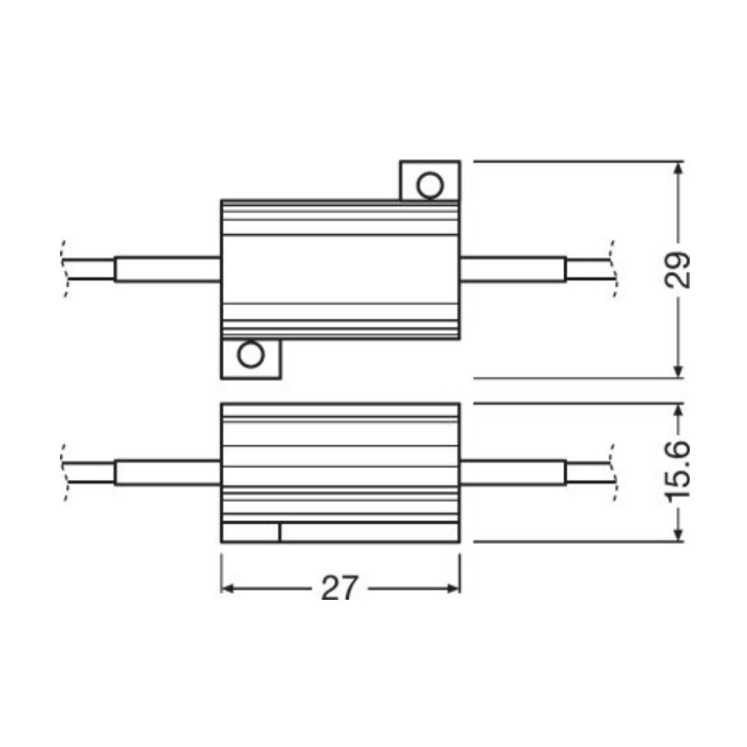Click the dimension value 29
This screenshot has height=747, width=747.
pyautogui.click(x=678, y=271)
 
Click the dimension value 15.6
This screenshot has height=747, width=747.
pyautogui.click(x=678, y=472)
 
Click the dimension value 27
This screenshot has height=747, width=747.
pyautogui.click(x=339, y=589)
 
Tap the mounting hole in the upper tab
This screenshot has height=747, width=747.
pyautogui.click(x=429, y=185)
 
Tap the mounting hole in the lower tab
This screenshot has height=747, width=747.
pyautogui.click(x=252, y=355)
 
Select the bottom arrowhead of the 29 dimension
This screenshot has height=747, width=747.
pyautogui.click(x=678, y=371)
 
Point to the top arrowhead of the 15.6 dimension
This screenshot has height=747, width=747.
pyautogui.click(x=678, y=410)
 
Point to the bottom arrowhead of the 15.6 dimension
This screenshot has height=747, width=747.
pyautogui.click(x=678, y=535)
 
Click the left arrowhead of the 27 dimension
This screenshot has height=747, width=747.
pyautogui.click(x=226, y=588)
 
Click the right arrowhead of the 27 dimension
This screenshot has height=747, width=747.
pyautogui.click(x=455, y=588)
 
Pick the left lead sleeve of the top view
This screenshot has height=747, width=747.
pyautogui.click(x=168, y=269)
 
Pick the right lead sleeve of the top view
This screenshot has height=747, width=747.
pyautogui.click(x=513, y=269)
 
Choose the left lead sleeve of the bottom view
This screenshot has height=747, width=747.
pyautogui.click(x=168, y=472)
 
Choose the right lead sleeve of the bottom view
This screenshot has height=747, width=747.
pyautogui.click(x=513, y=472)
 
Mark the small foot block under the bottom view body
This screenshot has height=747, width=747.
pyautogui.click(x=250, y=533)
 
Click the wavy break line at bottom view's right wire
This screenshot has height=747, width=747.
pyautogui.click(x=614, y=472)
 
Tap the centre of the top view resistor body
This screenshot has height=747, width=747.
pyautogui.click(x=340, y=269)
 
